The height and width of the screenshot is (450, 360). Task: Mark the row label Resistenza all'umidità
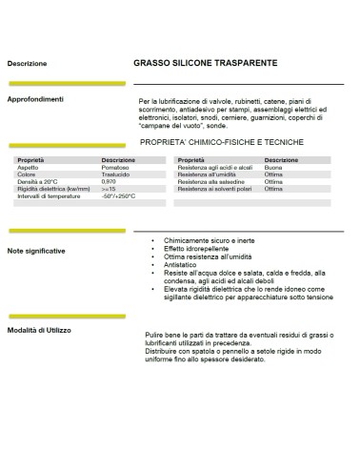(x=209, y=174)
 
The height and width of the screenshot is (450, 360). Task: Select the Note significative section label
(x=37, y=250)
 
